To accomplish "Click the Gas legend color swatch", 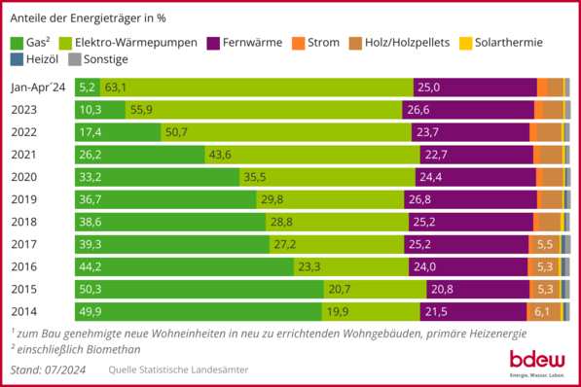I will pyautogui.click(x=17, y=43).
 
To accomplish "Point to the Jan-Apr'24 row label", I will pyautogui.click(x=38, y=88).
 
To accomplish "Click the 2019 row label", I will pyautogui.click(x=24, y=198).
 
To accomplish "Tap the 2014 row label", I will pyautogui.click(x=24, y=310).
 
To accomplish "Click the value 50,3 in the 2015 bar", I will pyautogui.click(x=90, y=288).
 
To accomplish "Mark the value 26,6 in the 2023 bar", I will pyautogui.click(x=419, y=110).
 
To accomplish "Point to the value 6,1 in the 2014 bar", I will pyautogui.click(x=543, y=310).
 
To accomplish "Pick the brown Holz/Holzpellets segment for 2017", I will pyautogui.click(x=544, y=243).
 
